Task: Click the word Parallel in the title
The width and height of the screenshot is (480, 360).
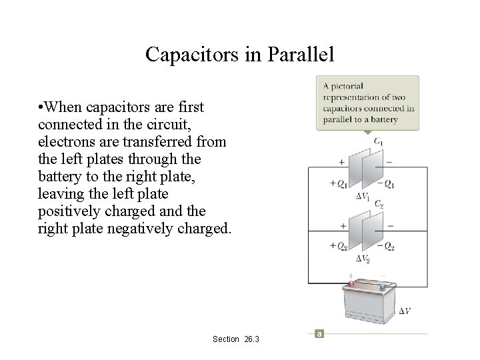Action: point(300,54)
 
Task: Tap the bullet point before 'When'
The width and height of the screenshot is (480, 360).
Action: point(41,107)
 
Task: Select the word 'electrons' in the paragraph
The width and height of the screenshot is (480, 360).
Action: point(65,142)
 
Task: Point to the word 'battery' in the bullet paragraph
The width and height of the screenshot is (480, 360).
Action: point(60,177)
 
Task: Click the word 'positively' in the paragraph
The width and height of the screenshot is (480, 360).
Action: point(67,211)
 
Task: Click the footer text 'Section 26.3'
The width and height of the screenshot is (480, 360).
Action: point(236,339)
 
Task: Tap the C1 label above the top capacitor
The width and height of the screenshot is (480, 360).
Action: point(377,141)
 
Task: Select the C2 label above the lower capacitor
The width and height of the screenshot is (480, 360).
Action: point(377,203)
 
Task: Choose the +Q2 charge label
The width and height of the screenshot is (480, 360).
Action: point(339,246)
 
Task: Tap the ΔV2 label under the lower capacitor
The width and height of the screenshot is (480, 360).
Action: point(363,258)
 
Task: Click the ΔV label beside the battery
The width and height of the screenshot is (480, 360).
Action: point(405,311)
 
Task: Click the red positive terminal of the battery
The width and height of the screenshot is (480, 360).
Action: point(351,284)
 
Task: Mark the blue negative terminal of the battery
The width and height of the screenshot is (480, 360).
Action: point(383,287)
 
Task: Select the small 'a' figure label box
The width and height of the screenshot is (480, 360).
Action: point(319,333)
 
